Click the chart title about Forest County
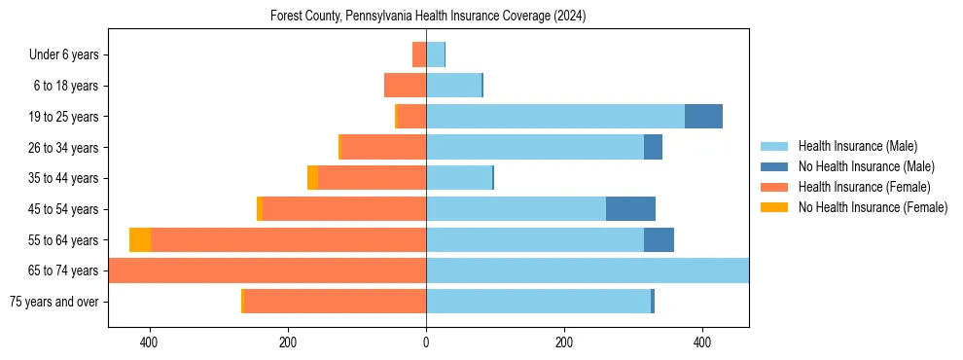coord(428,17)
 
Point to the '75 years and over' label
coord(53,302)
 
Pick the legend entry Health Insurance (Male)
coord(857,146)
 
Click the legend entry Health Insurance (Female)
coord(864,187)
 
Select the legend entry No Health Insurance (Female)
coord(873,207)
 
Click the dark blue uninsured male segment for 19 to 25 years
coord(703,117)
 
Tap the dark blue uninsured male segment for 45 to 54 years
coord(630,209)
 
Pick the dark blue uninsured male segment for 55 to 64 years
coord(659,240)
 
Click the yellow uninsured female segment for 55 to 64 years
coord(140,240)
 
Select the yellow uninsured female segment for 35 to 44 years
coord(312,178)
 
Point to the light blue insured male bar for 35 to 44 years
coord(459,178)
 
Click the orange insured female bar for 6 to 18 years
coord(405,86)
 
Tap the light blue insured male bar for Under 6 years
coord(435,54)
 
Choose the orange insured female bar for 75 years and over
coord(335,302)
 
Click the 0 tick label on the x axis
coord(426,342)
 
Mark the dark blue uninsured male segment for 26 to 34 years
coord(653,147)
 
